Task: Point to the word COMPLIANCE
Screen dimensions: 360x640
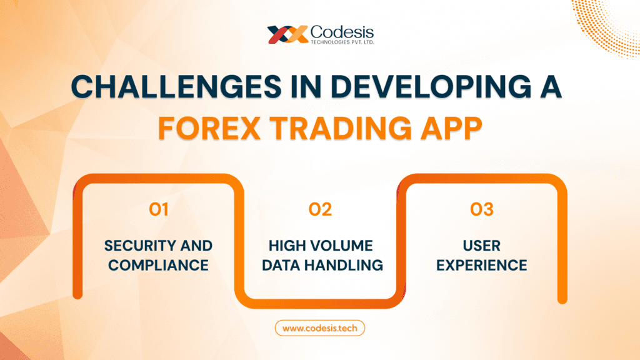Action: (x=159, y=265)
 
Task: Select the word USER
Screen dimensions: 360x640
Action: (x=481, y=245)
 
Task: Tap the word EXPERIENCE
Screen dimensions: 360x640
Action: (x=481, y=265)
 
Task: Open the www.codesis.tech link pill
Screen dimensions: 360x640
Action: (x=319, y=327)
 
